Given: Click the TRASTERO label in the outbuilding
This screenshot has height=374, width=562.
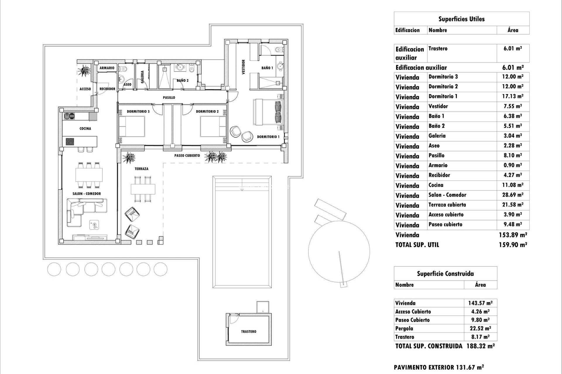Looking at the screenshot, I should pyautogui.click(x=249, y=331).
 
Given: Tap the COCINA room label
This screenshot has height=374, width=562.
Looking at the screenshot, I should pyautogui.click(x=85, y=129).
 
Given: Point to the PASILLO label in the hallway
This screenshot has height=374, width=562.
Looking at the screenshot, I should pyautogui.click(x=169, y=98).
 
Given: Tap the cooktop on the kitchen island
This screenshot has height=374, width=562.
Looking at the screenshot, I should pyautogui.click(x=70, y=142).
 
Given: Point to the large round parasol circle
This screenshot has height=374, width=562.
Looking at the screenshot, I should pyautogui.click(x=339, y=251).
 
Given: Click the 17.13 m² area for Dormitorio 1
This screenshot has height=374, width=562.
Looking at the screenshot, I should pyautogui.click(x=513, y=96).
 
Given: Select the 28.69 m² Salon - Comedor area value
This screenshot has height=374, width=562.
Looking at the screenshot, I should pyautogui.click(x=513, y=195).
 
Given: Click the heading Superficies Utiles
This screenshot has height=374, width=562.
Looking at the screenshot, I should pyautogui.click(x=461, y=19).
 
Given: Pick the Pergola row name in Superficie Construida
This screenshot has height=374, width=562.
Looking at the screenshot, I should pyautogui.click(x=404, y=328).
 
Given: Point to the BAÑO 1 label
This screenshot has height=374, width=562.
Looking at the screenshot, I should pyautogui.click(x=267, y=68).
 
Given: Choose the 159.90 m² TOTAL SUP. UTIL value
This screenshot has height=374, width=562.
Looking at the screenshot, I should pyautogui.click(x=513, y=245).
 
